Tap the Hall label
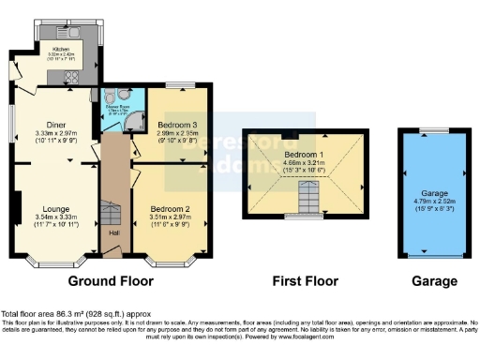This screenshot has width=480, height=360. tap(113, 232)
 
